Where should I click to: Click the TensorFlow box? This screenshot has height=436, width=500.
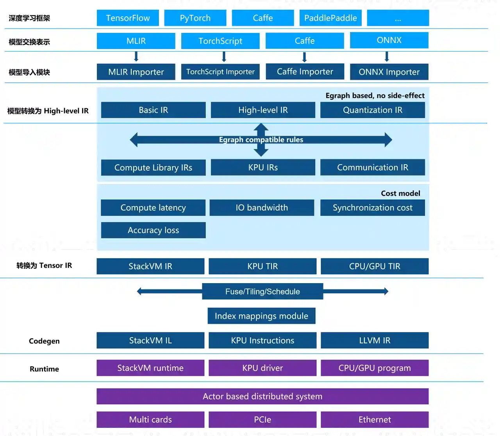[128, 18]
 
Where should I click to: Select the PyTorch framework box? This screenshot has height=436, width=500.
[195, 18]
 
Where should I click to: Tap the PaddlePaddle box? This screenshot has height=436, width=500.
[330, 18]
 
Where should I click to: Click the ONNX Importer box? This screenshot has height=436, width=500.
[389, 72]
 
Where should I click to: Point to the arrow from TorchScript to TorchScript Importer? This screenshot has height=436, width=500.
[224, 57]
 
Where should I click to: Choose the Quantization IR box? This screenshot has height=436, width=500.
[372, 110]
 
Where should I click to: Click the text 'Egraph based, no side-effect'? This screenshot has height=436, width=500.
[375, 95]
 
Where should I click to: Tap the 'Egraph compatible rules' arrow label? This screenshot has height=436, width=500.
[261, 140]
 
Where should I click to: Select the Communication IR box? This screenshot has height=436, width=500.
[372, 167]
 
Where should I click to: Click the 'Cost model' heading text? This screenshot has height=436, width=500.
[400, 193]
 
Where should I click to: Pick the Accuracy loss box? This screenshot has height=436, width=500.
[153, 230]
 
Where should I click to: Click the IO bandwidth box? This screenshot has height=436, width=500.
[262, 208]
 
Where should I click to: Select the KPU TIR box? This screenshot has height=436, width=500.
[262, 266]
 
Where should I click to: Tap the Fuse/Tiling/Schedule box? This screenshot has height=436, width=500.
[262, 291]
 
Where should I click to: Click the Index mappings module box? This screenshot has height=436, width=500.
[261, 316]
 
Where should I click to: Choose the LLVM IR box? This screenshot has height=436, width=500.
[375, 341]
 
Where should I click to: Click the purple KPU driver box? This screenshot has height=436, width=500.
[262, 368]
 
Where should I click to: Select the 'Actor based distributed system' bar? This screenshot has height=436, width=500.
[262, 397]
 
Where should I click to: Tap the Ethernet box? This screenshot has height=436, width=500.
[375, 420]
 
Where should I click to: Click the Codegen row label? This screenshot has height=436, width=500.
[44, 341]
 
